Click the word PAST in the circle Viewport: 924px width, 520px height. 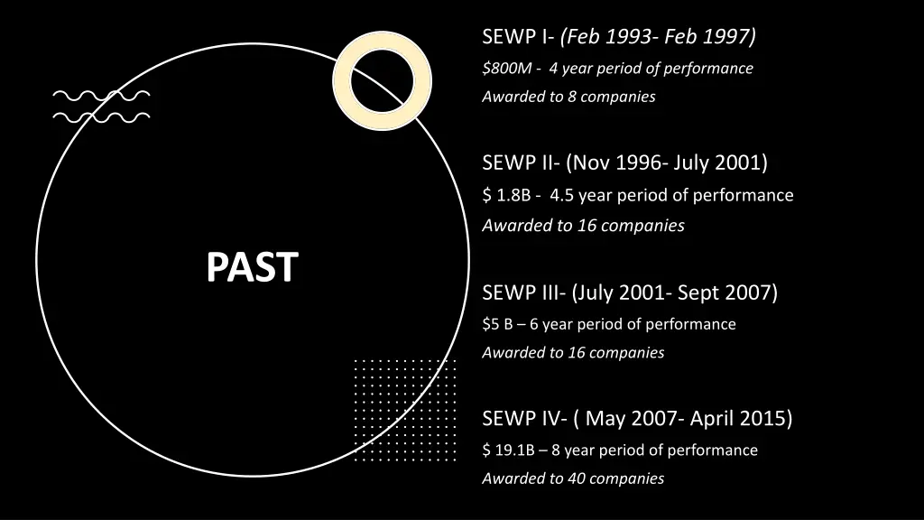click(x=252, y=267)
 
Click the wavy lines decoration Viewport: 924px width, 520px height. click(x=101, y=106)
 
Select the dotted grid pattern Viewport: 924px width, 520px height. click(x=404, y=411)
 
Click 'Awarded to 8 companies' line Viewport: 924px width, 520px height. click(x=568, y=97)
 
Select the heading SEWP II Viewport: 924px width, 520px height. click(x=521, y=163)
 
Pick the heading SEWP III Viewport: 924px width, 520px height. click(x=523, y=292)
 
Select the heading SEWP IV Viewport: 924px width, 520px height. click(x=524, y=419)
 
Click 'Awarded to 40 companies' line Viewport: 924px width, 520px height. click(x=573, y=478)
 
